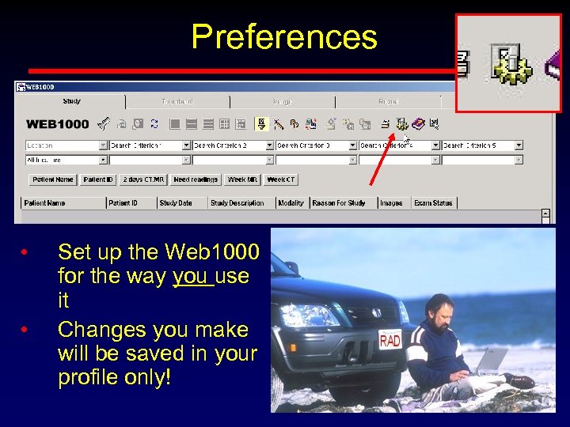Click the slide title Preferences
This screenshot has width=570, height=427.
point(284,37)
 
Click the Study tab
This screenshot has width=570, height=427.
point(72,101)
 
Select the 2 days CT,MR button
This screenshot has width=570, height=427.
point(143,179)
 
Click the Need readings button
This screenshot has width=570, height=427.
point(196,179)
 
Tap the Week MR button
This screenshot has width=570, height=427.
point(242,179)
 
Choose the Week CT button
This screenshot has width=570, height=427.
point(281,179)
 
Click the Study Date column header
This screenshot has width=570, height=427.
point(176,203)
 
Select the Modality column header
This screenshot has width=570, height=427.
point(291,203)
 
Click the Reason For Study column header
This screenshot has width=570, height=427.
point(339,203)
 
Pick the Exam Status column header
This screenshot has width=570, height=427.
point(433,203)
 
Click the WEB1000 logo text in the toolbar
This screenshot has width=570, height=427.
point(58,124)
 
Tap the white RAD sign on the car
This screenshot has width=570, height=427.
point(390,341)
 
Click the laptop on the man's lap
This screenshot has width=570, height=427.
point(491,361)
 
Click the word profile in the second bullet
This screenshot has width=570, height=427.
point(87,378)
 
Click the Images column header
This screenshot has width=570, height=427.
point(391,203)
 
